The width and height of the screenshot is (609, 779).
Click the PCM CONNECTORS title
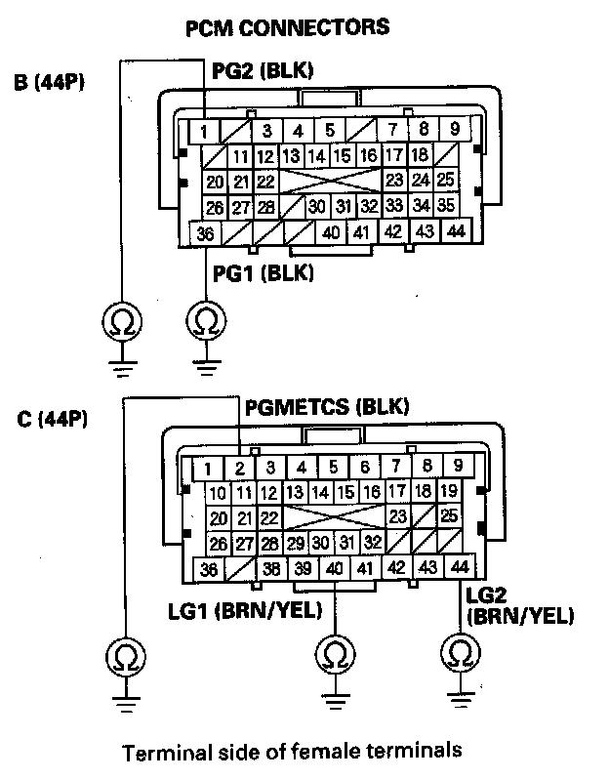(x=287, y=27)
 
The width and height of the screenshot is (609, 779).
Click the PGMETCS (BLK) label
(x=327, y=405)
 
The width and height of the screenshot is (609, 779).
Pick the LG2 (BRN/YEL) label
(x=520, y=605)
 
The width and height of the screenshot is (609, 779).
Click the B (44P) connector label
(x=50, y=83)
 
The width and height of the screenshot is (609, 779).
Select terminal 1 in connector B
(x=203, y=130)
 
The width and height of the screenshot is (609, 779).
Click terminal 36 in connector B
(x=205, y=233)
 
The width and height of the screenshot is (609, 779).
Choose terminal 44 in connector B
(x=455, y=231)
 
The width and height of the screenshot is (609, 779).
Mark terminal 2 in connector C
(x=238, y=468)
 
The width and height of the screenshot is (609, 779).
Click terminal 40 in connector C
(x=334, y=569)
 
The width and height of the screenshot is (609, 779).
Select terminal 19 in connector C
(x=449, y=492)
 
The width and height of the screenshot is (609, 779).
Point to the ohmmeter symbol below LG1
(x=335, y=653)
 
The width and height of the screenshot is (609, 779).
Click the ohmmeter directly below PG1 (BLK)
(x=205, y=319)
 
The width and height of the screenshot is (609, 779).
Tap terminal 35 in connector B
(x=445, y=206)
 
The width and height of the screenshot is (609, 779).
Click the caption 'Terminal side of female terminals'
(x=291, y=752)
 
